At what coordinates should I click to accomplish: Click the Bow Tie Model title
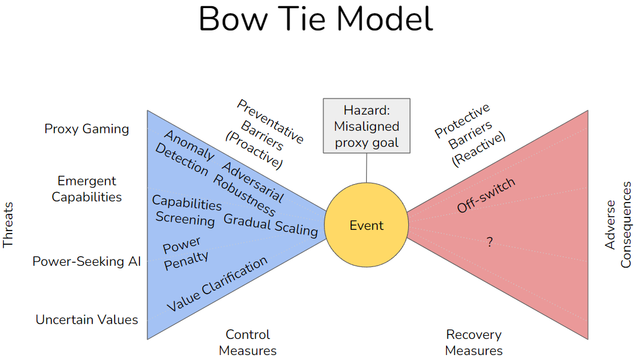click(316, 20)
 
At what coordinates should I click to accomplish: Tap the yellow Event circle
click(366, 226)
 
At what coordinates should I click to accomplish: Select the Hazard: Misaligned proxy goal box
click(366, 126)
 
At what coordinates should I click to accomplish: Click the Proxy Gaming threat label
click(87, 129)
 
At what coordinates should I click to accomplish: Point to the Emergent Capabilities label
click(87, 189)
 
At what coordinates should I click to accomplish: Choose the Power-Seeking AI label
click(87, 261)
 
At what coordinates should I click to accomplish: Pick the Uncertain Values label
click(87, 320)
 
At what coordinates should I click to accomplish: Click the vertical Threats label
click(8, 224)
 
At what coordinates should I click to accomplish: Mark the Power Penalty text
click(185, 250)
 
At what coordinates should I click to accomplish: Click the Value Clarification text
click(217, 284)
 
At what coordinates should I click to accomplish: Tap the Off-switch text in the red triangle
click(486, 196)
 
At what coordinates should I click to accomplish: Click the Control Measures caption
click(248, 342)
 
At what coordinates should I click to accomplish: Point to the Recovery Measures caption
click(474, 342)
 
